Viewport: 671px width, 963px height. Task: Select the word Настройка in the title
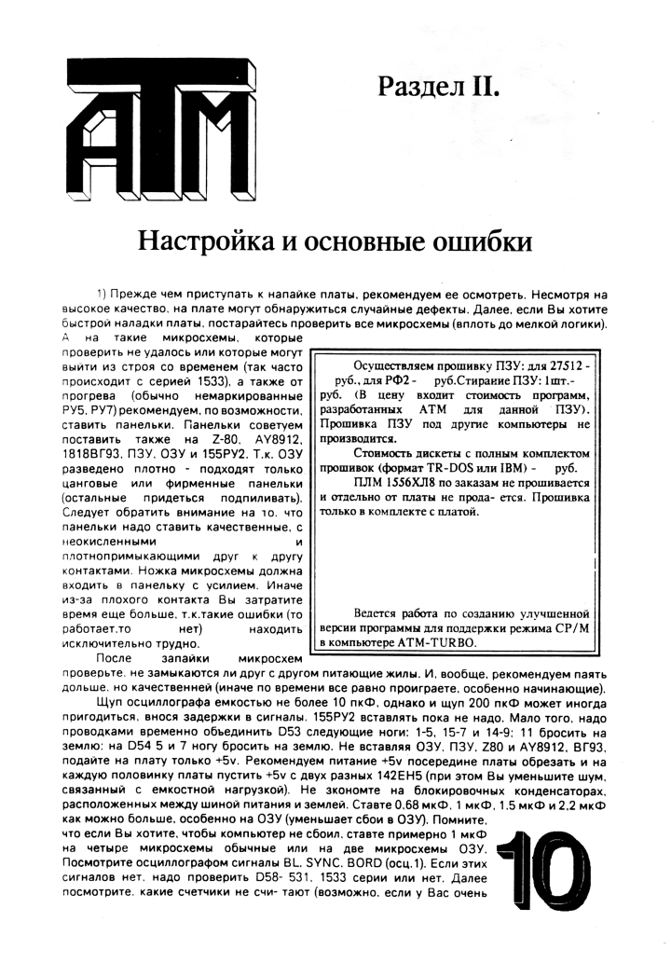coord(202,241)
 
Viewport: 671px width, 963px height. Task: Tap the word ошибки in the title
coord(479,241)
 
